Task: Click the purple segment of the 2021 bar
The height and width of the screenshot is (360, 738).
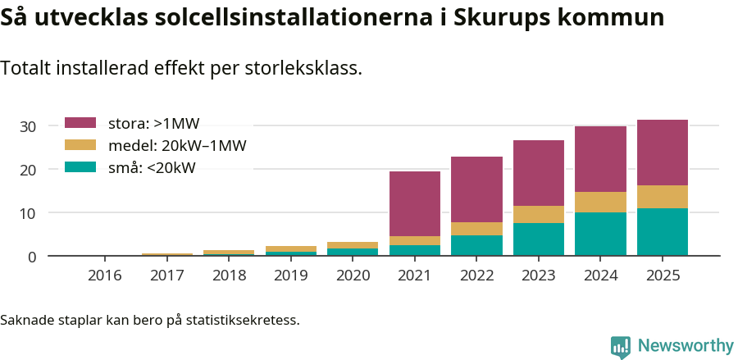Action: (x=415, y=203)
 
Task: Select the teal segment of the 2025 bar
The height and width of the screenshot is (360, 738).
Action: (x=663, y=232)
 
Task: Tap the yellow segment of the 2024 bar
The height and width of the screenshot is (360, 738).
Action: (x=600, y=202)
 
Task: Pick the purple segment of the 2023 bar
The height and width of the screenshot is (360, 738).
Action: (x=539, y=173)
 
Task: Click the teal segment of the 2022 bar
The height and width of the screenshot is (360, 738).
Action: (x=476, y=245)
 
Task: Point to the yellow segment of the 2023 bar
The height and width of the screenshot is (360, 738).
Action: (x=539, y=214)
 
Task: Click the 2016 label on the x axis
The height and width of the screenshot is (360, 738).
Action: (x=105, y=276)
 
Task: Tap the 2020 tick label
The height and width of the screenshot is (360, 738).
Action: (x=353, y=276)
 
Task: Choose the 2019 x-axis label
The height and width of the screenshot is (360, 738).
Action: (x=291, y=276)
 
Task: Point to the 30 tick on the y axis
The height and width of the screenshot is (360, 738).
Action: (x=28, y=126)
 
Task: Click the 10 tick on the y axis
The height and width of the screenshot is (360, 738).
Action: (x=28, y=213)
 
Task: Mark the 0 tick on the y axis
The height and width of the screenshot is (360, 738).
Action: (x=32, y=257)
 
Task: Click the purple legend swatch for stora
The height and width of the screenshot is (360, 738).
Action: (x=80, y=124)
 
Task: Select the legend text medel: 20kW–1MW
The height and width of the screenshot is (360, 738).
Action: (x=177, y=146)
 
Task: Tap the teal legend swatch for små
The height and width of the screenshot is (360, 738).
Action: (x=80, y=168)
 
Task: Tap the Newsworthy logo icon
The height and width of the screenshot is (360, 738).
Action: (x=621, y=346)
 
